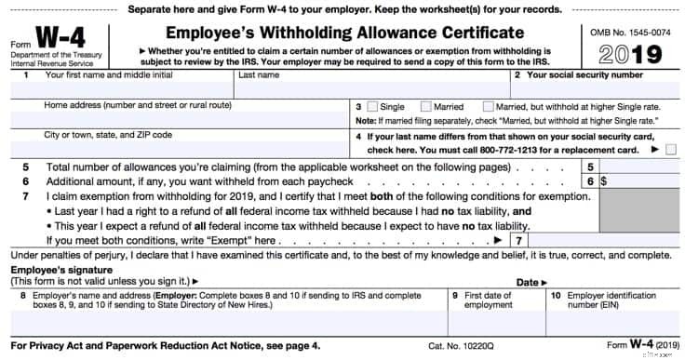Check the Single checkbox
372,107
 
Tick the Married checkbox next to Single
426,107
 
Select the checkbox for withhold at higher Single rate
489,107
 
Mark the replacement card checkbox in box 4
671,149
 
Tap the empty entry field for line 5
638,167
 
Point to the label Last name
259,74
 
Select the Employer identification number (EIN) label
596,300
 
